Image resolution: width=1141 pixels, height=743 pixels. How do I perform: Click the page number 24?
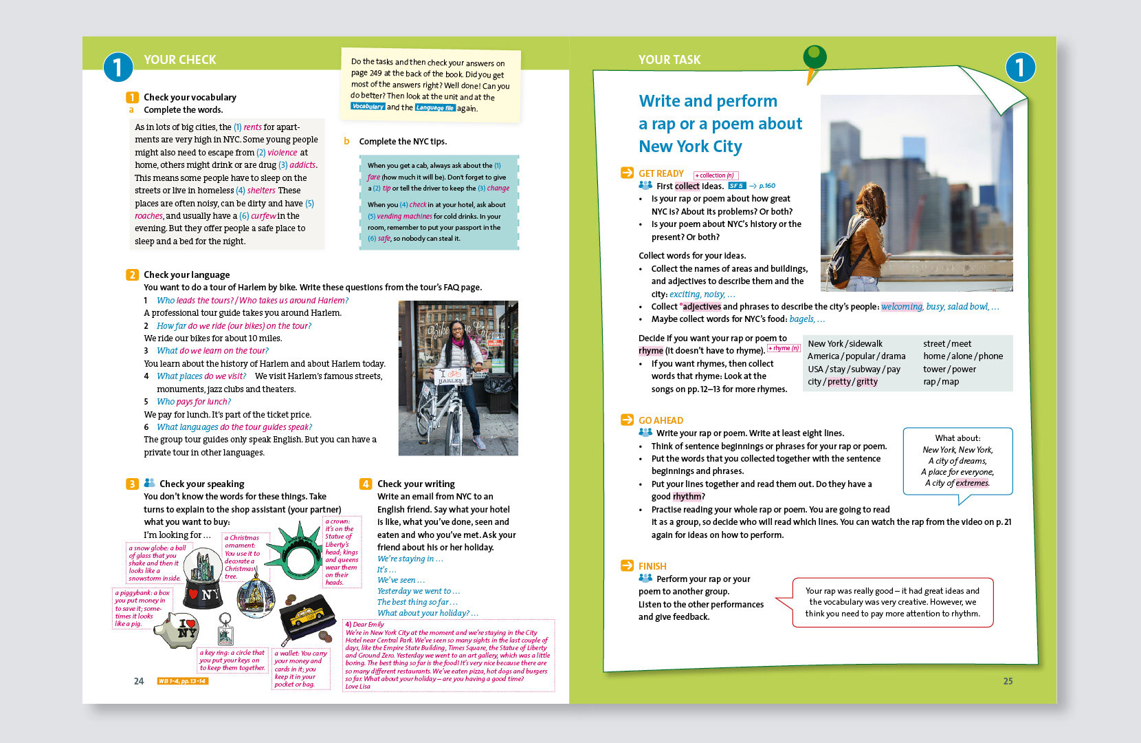[139, 681]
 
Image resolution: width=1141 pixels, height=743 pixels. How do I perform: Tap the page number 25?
[1008, 681]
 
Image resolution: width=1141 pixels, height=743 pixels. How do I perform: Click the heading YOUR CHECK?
[180, 60]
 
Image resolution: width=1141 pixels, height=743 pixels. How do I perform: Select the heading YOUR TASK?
[669, 60]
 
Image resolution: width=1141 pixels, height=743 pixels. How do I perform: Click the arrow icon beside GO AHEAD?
[627, 420]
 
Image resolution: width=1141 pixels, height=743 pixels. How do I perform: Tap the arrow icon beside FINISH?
[627, 566]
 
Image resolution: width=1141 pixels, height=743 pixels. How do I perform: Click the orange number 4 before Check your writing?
[366, 484]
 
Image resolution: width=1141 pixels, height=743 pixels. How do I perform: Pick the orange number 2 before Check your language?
[132, 274]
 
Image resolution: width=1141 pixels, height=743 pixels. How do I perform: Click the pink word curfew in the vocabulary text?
[263, 215]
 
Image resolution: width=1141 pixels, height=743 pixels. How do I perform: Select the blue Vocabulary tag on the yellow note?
[368, 106]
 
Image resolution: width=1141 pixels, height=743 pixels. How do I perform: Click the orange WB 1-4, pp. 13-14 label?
[183, 681]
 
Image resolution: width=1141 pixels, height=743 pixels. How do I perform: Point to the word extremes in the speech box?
[972, 483]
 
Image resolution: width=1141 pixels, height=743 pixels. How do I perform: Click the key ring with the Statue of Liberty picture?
[225, 628]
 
